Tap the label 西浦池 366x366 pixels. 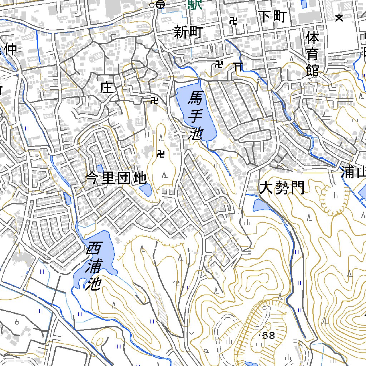[x=94, y=266]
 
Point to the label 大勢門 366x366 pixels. [x=282, y=188]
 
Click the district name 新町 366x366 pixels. [x=188, y=33]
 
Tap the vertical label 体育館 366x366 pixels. [x=312, y=54]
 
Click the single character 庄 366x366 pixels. [x=107, y=88]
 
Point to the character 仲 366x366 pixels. [x=10, y=49]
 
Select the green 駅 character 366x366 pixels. [x=195, y=5]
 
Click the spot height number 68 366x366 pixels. [x=268, y=336]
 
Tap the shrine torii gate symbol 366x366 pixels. [x=238, y=66]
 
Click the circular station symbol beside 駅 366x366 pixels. [x=160, y=5]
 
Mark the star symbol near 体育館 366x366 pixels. [x=339, y=18]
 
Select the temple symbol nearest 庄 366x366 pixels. [x=154, y=101]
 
